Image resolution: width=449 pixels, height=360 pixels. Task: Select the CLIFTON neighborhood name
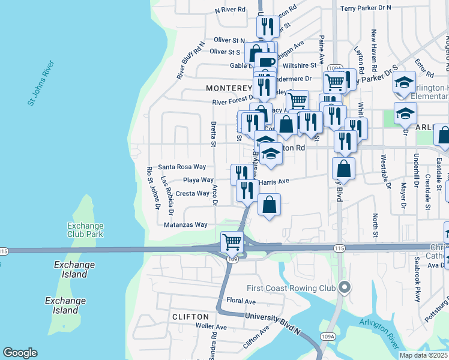(190, 316)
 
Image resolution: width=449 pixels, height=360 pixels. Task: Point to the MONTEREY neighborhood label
(228, 88)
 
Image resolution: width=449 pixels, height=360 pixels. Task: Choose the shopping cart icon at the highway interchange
(232, 242)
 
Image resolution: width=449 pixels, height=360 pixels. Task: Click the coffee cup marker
(266, 62)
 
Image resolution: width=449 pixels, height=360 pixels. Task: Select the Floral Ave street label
(241, 301)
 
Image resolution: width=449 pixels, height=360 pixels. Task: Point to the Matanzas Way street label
(185, 224)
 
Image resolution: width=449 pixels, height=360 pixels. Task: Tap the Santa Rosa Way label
(182, 167)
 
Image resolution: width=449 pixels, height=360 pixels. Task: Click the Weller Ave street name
(211, 327)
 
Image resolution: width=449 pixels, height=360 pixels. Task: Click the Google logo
(20, 353)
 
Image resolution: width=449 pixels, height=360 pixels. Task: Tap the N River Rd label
(231, 10)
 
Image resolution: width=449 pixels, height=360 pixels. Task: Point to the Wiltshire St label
(302, 65)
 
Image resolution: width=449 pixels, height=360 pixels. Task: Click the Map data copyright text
(423, 355)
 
